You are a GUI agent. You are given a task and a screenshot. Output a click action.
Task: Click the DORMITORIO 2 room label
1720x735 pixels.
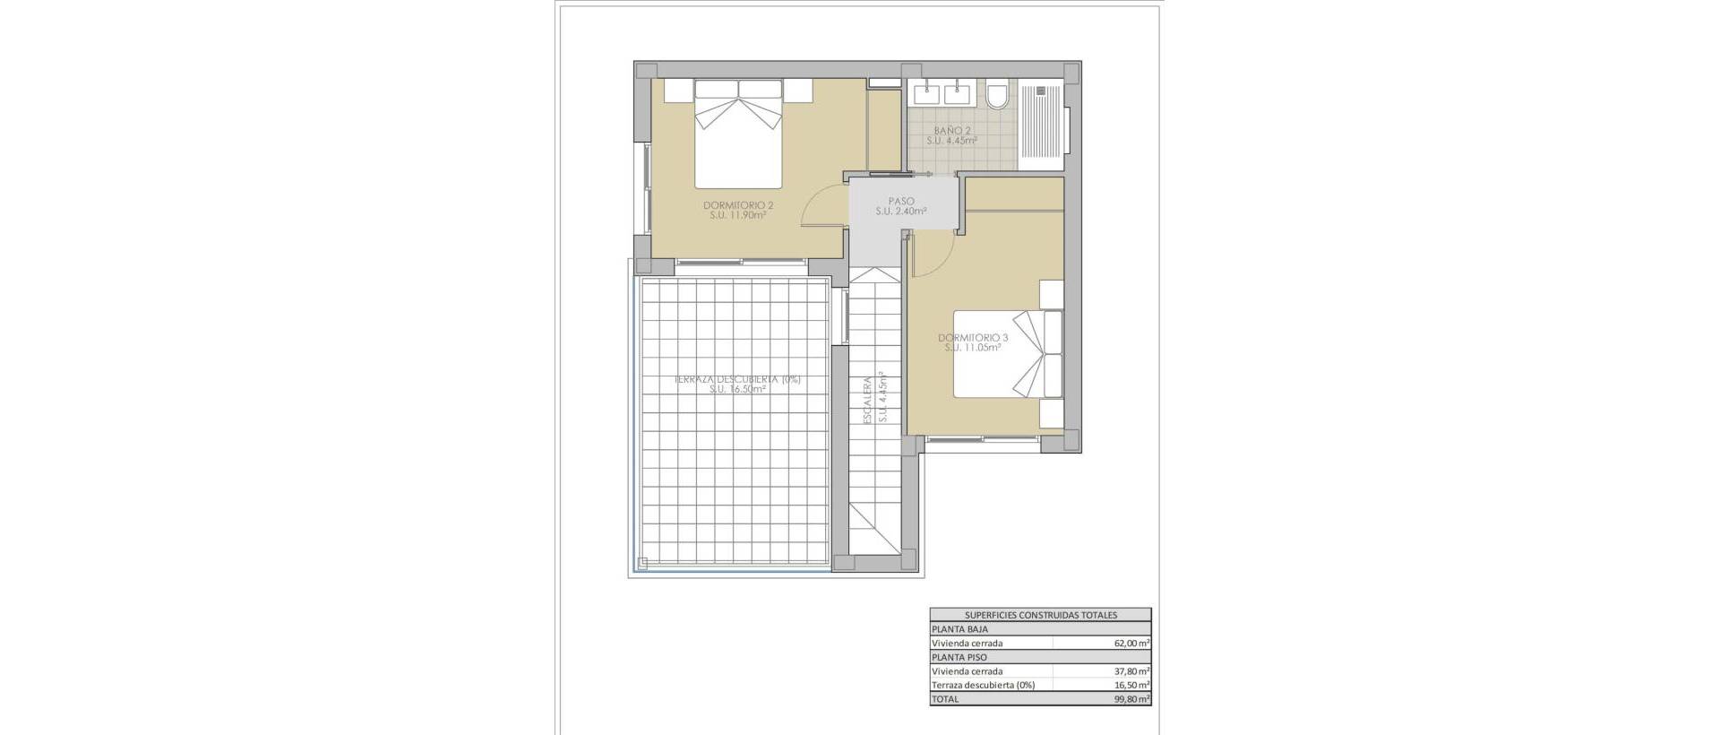pyautogui.click(x=738, y=205)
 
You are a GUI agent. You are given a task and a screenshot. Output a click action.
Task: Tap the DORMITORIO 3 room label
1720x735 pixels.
pyautogui.click(x=973, y=338)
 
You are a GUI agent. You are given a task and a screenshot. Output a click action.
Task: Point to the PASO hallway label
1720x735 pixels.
pyautogui.click(x=900, y=202)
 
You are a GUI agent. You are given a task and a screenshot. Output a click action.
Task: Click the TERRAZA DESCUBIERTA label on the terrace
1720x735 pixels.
pyautogui.click(x=737, y=379)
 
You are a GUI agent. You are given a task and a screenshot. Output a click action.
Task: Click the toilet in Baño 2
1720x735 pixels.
pyautogui.click(x=996, y=95)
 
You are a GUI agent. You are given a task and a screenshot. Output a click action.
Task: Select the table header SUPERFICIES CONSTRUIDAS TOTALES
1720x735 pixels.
pyautogui.click(x=1040, y=615)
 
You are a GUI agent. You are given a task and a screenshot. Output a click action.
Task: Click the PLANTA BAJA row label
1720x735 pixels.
pyautogui.click(x=960, y=629)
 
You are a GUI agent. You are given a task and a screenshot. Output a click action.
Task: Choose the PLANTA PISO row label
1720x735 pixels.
pyautogui.click(x=959, y=657)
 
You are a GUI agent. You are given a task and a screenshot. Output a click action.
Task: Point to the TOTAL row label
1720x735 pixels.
pyautogui.click(x=945, y=699)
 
